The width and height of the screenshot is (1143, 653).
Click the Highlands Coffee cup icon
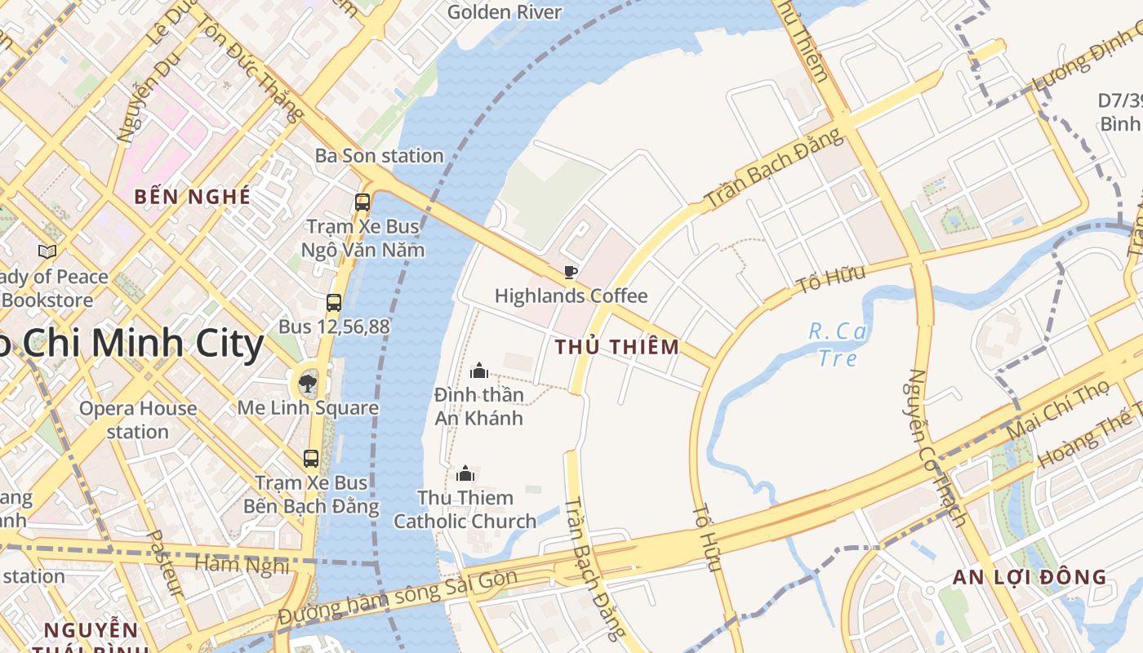(x=571, y=272)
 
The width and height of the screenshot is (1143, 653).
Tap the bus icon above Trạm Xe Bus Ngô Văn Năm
(x=362, y=202)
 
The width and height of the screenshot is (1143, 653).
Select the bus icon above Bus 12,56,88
(x=334, y=303)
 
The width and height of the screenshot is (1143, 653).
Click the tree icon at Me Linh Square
(x=308, y=383)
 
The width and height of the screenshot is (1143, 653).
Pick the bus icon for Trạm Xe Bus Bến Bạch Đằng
(x=311, y=459)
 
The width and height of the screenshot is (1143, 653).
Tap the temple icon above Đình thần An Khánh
(x=479, y=371)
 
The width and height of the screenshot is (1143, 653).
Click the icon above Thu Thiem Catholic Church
(x=465, y=473)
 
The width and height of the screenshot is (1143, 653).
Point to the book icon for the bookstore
(x=47, y=251)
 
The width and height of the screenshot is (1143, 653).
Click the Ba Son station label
(x=380, y=155)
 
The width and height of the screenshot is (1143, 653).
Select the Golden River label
(x=505, y=11)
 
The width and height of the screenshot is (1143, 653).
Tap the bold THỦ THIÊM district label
(x=617, y=347)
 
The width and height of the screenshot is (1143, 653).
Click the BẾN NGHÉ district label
(x=193, y=197)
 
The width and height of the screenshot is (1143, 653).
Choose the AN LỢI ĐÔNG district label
(x=1030, y=577)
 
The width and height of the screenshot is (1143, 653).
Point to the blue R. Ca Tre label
(x=838, y=344)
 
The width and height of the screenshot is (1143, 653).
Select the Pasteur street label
(x=165, y=563)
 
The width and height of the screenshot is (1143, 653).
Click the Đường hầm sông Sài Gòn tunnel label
(x=398, y=597)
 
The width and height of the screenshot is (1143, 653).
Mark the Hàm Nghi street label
(x=242, y=564)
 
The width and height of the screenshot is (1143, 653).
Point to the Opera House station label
(x=138, y=420)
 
